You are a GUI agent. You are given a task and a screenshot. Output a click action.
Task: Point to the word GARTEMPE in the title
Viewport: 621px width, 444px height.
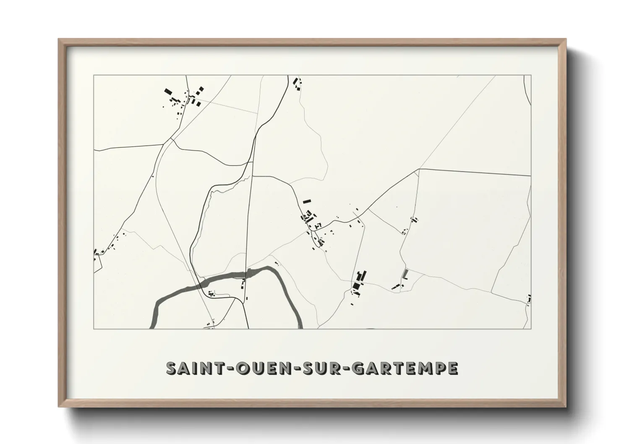tap(404, 368)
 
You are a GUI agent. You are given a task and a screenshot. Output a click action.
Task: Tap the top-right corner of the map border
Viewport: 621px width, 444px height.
tap(531, 76)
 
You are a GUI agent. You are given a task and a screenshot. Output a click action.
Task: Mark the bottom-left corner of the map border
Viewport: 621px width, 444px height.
tap(94, 329)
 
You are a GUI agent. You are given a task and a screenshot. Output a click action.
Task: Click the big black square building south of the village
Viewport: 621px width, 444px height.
tap(356, 286)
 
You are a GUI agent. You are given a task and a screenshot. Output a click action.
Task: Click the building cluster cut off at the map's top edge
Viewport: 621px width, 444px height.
tap(297, 83)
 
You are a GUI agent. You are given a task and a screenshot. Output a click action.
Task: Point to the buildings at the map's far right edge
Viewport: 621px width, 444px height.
tap(529, 299)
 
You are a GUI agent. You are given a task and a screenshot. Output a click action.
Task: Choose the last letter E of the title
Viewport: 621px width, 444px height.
tap(452, 368)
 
